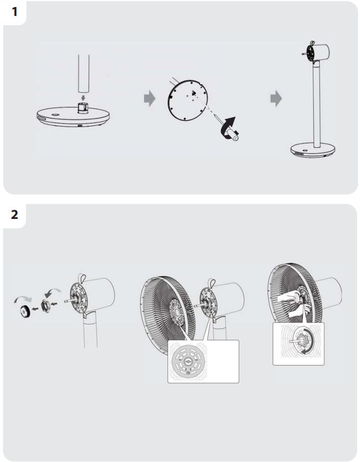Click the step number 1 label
tap(15, 12)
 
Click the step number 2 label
tap(14, 215)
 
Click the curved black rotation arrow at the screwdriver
tap(228, 127)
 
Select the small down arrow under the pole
tap(83, 98)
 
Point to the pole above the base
tap(83, 74)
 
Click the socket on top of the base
tap(83, 108)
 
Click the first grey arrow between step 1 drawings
tap(150, 98)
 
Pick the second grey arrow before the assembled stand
tap(276, 98)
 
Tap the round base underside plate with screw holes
tap(187, 99)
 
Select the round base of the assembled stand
tap(313, 150)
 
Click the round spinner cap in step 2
tap(24, 311)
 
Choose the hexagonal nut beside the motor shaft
tap(46, 306)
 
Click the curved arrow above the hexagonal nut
tap(53, 292)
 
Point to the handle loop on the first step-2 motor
tap(82, 277)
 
